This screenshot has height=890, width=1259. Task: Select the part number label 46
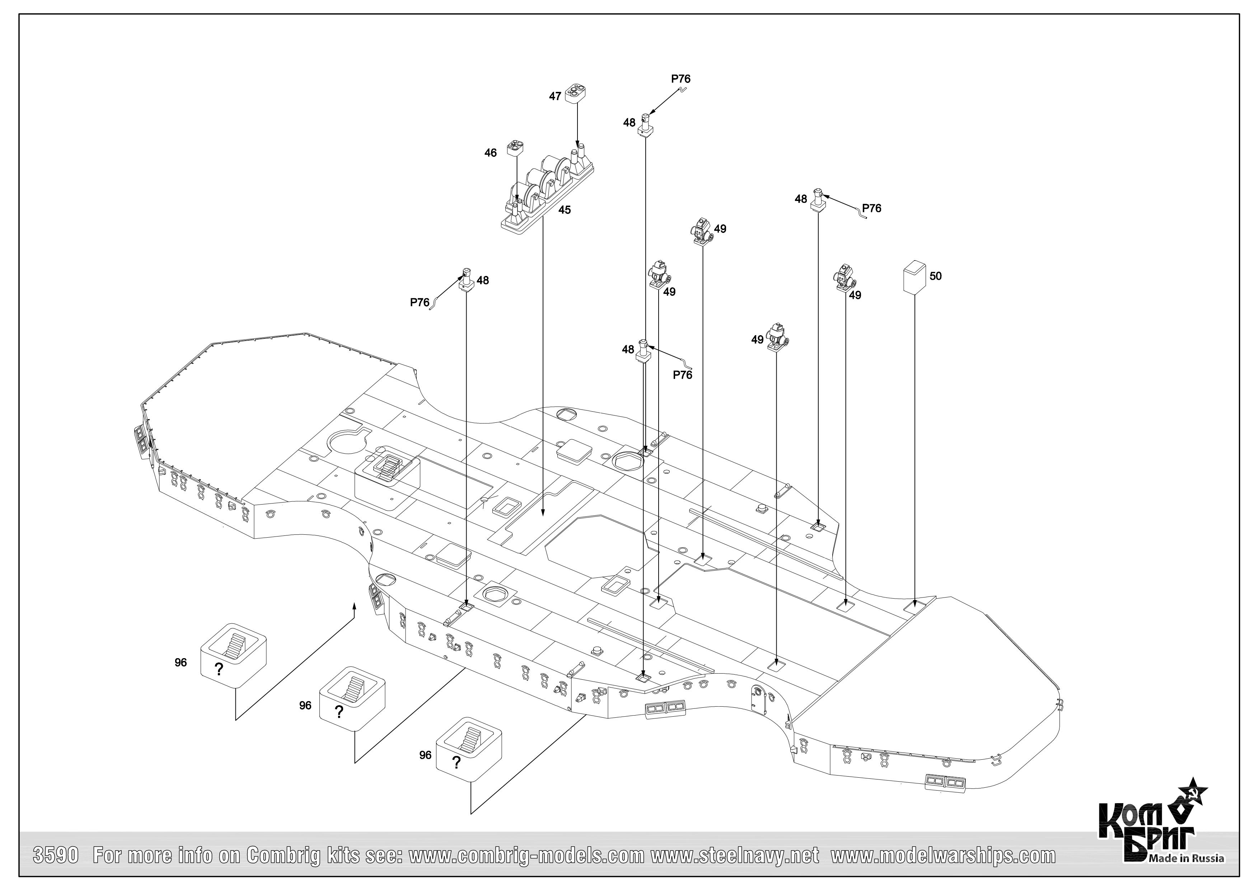(490, 153)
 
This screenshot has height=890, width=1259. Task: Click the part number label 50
(936, 276)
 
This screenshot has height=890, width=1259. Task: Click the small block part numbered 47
(576, 93)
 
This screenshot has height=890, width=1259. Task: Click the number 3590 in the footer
(57, 856)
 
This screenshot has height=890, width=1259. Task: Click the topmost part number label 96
(181, 662)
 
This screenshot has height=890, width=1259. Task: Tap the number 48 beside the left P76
(483, 280)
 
